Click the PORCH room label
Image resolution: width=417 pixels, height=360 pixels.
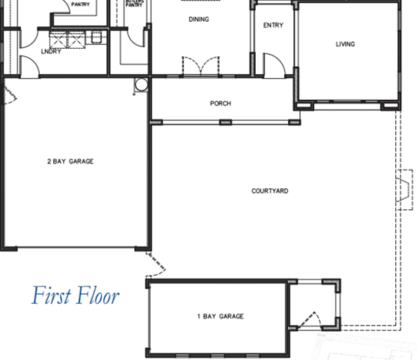(x=220, y=103)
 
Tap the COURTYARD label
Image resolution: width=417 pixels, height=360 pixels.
(x=270, y=191)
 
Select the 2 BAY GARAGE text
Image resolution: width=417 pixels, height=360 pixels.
(x=70, y=161)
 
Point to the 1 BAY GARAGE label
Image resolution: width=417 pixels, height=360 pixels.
(x=220, y=316)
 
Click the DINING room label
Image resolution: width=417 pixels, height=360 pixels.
(x=199, y=19)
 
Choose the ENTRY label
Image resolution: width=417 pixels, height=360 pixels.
(x=273, y=25)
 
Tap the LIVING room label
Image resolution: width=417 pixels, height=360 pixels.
(x=345, y=44)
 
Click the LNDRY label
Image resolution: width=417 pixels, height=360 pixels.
(x=51, y=51)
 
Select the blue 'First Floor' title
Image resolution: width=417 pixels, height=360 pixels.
(x=76, y=295)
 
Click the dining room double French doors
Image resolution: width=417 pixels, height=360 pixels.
(x=201, y=67)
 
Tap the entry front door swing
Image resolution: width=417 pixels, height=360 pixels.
(x=274, y=65)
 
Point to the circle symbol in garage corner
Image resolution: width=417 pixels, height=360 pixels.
(x=141, y=85)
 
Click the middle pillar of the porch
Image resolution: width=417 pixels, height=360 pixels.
(x=226, y=122)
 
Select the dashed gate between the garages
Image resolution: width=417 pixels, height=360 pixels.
(x=155, y=265)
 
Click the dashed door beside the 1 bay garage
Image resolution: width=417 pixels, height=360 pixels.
(x=309, y=319)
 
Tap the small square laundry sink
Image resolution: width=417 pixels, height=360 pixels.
(x=96, y=37)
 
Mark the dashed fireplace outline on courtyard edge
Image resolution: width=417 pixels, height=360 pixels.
(x=405, y=190)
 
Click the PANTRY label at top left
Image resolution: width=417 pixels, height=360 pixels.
(x=80, y=4)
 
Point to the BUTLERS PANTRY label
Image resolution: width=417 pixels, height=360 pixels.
(x=134, y=3)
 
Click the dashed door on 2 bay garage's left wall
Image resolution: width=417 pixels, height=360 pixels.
(x=9, y=94)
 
